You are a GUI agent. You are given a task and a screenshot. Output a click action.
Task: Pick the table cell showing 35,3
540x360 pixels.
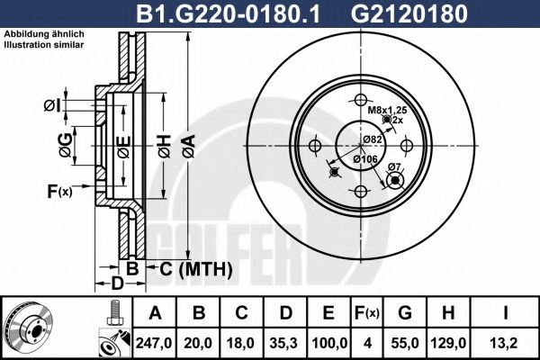tap(286, 343)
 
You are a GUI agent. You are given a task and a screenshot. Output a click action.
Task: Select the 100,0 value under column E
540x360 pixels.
tap(329, 343)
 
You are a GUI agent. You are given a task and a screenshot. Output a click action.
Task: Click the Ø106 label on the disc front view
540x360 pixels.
tap(364, 159)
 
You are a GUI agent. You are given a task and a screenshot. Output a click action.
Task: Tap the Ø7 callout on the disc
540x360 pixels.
tap(393, 167)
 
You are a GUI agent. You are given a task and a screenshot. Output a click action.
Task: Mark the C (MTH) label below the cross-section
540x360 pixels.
tap(196, 268)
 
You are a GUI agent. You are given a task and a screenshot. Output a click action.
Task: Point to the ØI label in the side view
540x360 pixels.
tap(52, 106)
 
